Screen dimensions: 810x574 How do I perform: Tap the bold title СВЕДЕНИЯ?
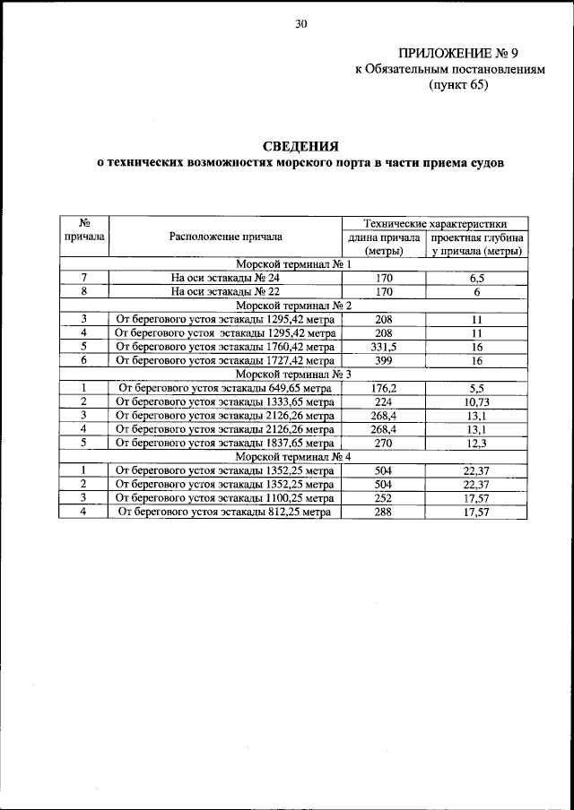[300, 146]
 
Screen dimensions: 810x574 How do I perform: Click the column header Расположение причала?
[225, 237]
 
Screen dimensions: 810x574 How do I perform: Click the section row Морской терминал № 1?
[293, 265]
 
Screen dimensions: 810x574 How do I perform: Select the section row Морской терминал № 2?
[293, 306]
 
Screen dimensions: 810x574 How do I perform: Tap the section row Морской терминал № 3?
[293, 374]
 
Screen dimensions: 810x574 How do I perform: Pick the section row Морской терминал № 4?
[293, 456]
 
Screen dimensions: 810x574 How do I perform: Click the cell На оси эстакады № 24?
[225, 279]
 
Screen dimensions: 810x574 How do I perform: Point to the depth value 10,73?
[477, 401]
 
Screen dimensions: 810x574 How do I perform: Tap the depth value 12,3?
[477, 442]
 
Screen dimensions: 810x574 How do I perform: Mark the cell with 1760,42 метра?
[225, 346]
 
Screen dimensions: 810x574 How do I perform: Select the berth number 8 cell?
[83, 292]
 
